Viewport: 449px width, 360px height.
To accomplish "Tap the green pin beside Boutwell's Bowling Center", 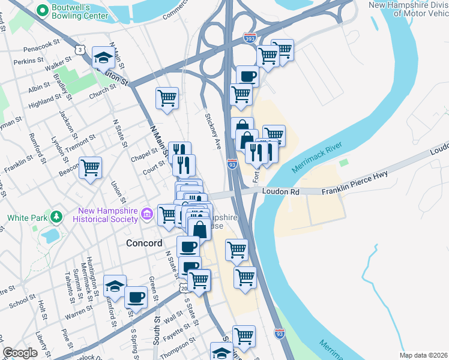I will click(43, 10).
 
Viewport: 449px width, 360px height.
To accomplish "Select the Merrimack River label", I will click(316, 158).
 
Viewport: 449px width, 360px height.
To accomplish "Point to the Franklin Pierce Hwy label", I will click(354, 182).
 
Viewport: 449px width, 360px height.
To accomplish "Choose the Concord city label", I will click(144, 243).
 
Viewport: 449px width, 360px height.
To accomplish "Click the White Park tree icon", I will click(56, 215).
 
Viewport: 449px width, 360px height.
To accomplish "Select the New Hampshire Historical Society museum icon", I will click(146, 214).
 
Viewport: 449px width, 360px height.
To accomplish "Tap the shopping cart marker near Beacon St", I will click(90, 168).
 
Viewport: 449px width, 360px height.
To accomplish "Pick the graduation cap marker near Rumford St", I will click(115, 287).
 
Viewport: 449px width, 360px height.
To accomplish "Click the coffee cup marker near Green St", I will click(136, 297).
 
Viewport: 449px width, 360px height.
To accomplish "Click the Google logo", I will click(20, 353).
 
